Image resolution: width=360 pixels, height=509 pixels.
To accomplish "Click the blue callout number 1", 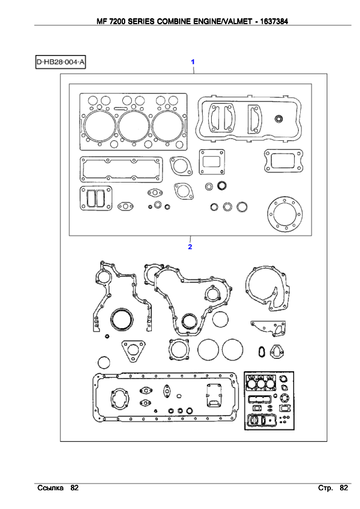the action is click(192, 62).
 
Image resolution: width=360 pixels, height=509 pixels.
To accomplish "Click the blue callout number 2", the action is click(190, 247).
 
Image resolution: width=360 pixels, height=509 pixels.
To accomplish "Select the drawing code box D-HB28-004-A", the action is click(61, 62).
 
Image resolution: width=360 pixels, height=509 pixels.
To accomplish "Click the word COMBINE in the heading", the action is click(174, 21).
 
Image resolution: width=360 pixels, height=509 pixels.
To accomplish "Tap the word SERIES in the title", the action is click(142, 21).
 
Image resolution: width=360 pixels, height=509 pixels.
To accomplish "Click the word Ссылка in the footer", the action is click(50, 488).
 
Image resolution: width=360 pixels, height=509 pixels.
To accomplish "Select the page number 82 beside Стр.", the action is click(344, 488).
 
